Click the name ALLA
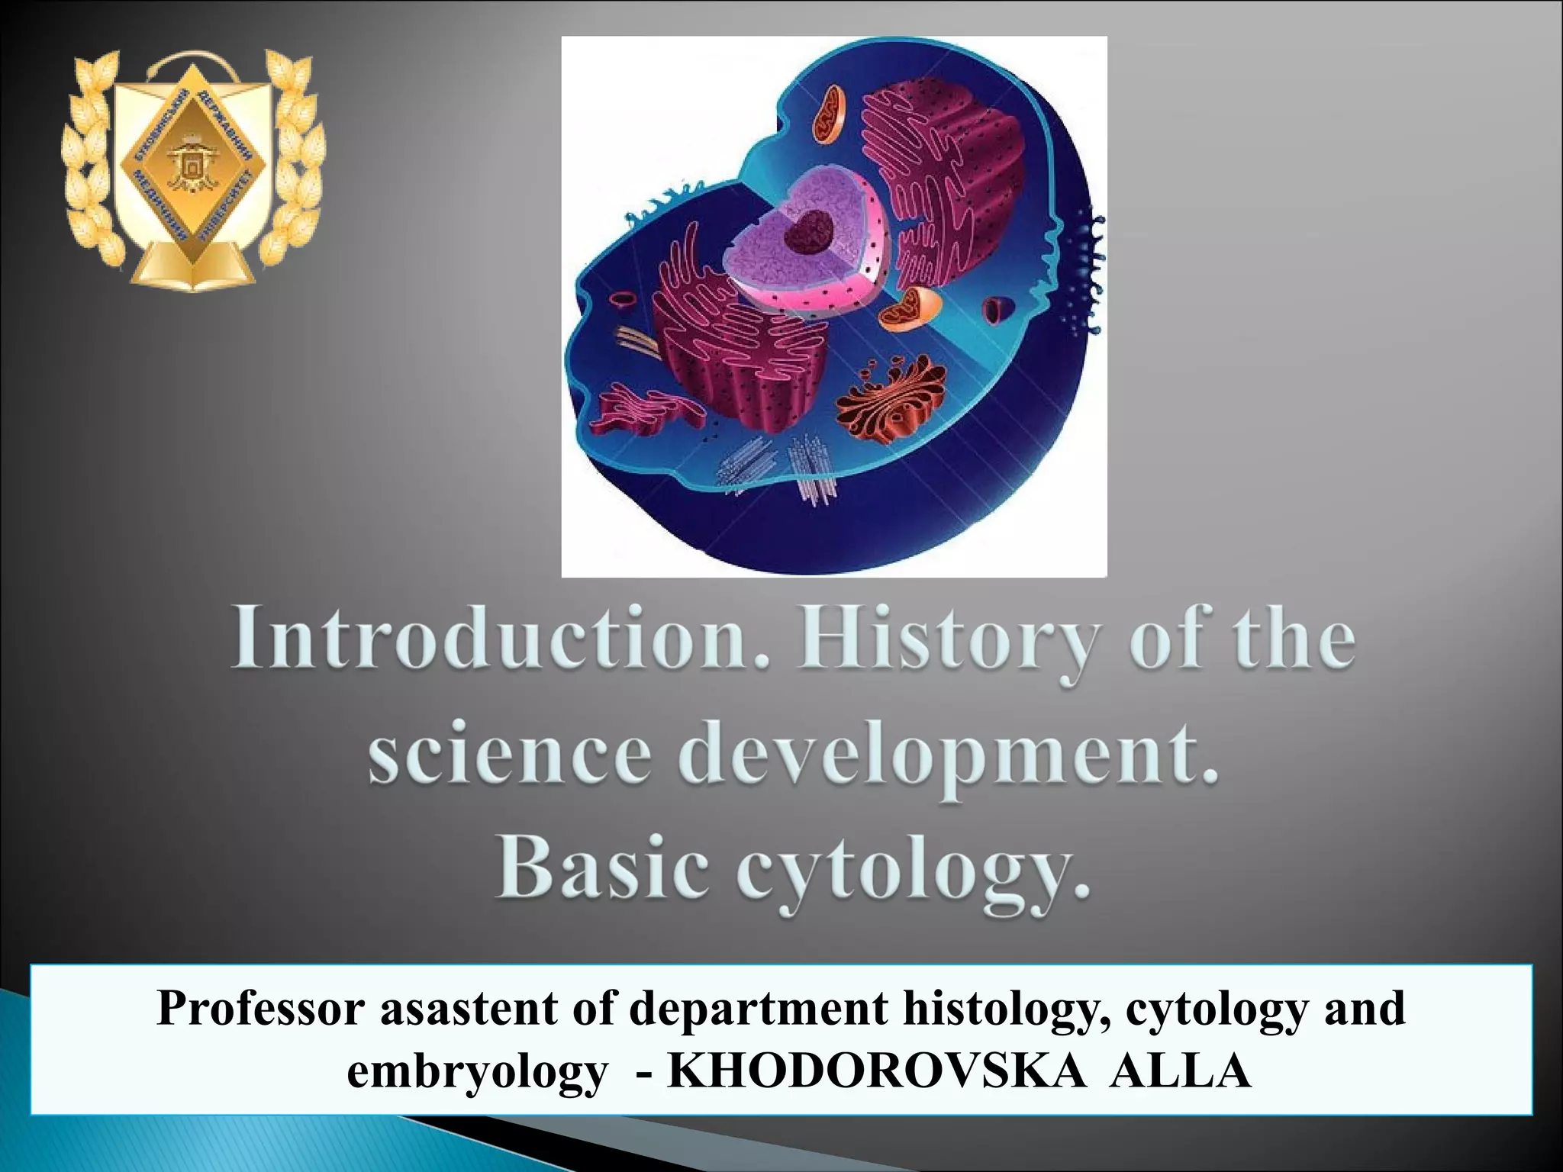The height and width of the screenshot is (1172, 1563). (x=1180, y=1071)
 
